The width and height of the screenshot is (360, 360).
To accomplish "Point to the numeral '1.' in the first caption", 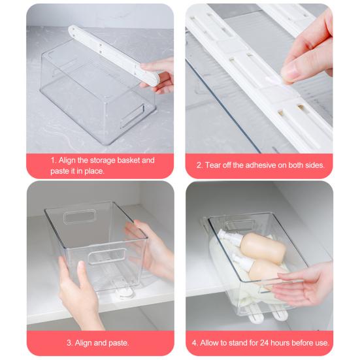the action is [54, 160].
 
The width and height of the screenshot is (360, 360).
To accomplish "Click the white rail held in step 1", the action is [114, 55].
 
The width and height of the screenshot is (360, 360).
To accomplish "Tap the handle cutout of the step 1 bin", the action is [133, 116].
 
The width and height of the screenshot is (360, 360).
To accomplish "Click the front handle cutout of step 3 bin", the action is [106, 256].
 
